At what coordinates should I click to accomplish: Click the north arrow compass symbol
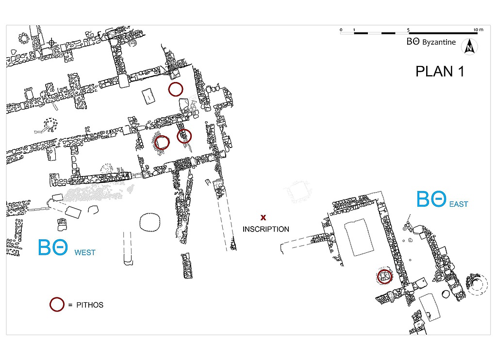[x=469, y=46]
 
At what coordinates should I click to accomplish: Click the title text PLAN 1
[x=440, y=71]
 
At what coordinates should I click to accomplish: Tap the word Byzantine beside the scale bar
[x=439, y=42]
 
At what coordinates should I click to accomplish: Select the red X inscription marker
[x=264, y=217]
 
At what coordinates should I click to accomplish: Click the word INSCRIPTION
[x=266, y=229]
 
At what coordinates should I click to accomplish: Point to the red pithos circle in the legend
[x=57, y=304]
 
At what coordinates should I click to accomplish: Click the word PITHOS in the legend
[x=90, y=305]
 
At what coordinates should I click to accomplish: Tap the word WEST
[x=85, y=252]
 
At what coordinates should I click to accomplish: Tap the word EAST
[x=459, y=204]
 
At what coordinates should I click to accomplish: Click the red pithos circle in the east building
[x=384, y=277]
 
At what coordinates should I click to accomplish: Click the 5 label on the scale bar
[x=409, y=30]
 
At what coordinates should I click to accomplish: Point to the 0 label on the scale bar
[x=341, y=30]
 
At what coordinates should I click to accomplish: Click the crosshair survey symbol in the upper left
[x=51, y=42]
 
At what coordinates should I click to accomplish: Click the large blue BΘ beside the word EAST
[x=431, y=199]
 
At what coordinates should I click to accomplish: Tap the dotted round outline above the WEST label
[x=149, y=223]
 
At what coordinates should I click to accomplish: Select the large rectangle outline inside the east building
[x=358, y=237]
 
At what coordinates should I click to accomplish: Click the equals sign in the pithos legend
[x=70, y=305]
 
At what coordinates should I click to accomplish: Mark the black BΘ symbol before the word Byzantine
[x=413, y=42]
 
